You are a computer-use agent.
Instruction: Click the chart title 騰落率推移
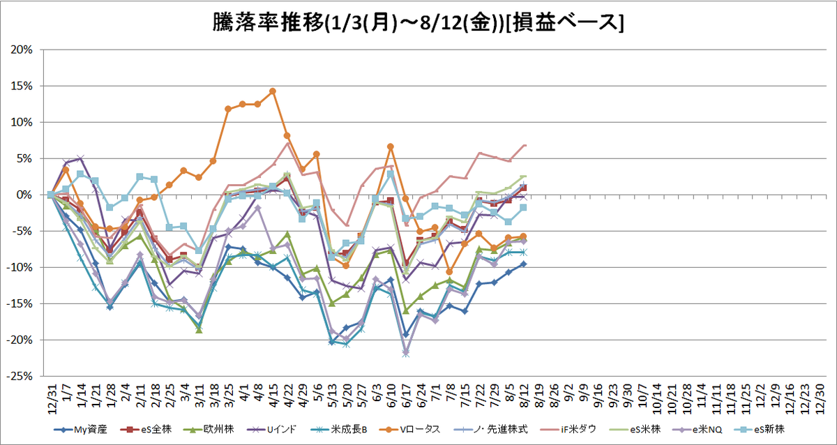pyautogui.click(x=268, y=22)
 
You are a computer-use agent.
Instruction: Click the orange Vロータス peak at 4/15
pyautogui.click(x=273, y=91)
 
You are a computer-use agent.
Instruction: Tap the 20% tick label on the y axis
pyautogui.click(x=22, y=50)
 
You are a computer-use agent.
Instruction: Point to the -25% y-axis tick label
pyautogui.click(x=20, y=376)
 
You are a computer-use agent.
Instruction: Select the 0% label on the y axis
pyautogui.click(x=24, y=195)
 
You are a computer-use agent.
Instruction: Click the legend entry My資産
pyautogui.click(x=80, y=430)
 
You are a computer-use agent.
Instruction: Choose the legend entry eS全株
pyautogui.click(x=146, y=430)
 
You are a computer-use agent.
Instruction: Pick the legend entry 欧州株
pyautogui.click(x=209, y=430)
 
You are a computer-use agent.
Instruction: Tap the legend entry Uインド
pyautogui.click(x=271, y=430)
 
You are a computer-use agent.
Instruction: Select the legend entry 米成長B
pyautogui.click(x=338, y=430)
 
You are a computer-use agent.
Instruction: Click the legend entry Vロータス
pyautogui.click(x=409, y=430)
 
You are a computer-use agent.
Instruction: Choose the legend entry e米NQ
pyautogui.click(x=697, y=430)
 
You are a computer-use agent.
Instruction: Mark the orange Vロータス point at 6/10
pyautogui.click(x=391, y=146)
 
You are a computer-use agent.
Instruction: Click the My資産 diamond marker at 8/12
pyautogui.click(x=524, y=264)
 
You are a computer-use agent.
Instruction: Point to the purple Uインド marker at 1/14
pyautogui.click(x=80, y=158)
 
